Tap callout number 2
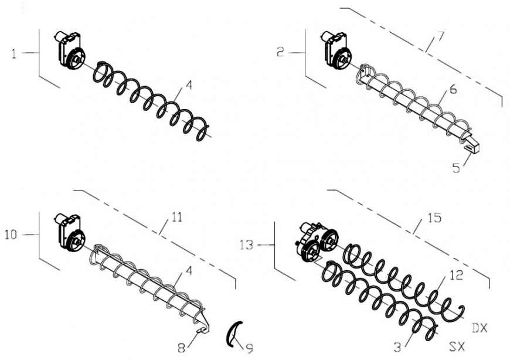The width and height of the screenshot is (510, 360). [280, 52]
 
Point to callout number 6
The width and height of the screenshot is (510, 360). [453, 89]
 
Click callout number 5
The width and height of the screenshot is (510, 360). [456, 168]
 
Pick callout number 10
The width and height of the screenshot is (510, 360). [11, 235]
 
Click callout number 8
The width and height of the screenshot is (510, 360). [182, 348]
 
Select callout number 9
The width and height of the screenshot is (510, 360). [250, 349]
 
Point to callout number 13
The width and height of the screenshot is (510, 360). [247, 244]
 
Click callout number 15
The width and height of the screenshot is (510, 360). [435, 218]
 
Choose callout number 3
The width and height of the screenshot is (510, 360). [397, 348]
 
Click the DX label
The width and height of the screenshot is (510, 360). [480, 328]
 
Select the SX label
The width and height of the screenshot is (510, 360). [457, 347]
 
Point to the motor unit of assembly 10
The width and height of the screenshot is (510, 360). [70, 233]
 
